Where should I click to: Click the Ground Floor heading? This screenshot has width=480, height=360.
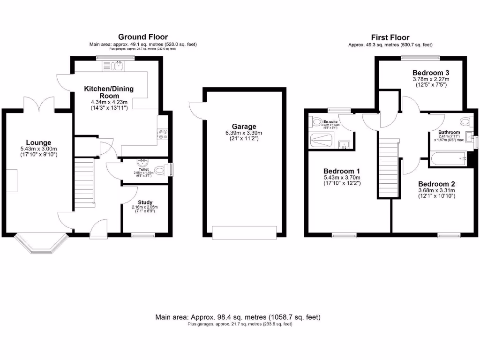[x=143, y=37]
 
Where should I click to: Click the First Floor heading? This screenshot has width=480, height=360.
[x=390, y=37]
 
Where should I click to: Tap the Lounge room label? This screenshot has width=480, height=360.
[x=38, y=142]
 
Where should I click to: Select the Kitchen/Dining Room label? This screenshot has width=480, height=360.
[x=109, y=92]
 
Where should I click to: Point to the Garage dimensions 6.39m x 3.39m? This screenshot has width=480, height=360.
[x=244, y=133]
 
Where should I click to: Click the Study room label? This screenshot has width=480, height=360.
[x=144, y=202]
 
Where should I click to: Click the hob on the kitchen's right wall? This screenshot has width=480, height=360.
[x=163, y=135]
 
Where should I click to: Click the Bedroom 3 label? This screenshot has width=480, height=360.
[x=431, y=73]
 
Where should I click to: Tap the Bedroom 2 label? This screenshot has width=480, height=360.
[x=436, y=184]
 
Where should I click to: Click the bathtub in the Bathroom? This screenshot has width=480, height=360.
[x=448, y=159]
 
